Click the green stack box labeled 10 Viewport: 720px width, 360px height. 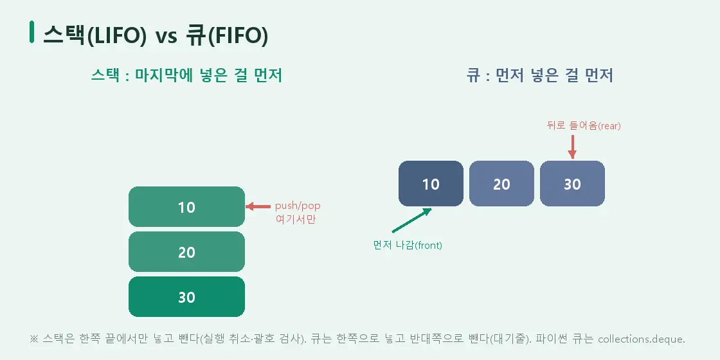click(x=186, y=206)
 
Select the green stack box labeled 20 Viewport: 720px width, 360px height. click(x=186, y=251)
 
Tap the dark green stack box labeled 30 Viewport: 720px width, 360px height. click(x=186, y=296)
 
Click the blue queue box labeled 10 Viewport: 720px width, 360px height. click(x=431, y=184)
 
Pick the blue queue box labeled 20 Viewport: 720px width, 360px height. click(x=501, y=184)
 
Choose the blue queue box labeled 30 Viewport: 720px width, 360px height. click(x=572, y=184)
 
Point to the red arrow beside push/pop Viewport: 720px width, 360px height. click(x=258, y=206)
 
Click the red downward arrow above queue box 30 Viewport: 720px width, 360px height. click(x=572, y=147)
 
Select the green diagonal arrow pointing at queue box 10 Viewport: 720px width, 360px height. click(x=412, y=220)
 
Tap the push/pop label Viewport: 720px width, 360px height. click(x=298, y=206)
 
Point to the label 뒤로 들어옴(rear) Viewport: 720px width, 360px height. click(x=584, y=126)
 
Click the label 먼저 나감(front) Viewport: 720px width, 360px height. click(x=408, y=245)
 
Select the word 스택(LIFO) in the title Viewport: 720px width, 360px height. click(x=94, y=36)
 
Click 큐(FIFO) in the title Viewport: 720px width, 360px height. click(x=227, y=36)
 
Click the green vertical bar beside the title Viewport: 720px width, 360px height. click(x=32, y=32)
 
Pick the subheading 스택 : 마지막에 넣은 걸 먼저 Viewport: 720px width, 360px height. click(x=186, y=75)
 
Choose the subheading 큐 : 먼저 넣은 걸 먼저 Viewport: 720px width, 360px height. click(x=540, y=75)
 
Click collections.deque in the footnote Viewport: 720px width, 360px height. click(x=642, y=339)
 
